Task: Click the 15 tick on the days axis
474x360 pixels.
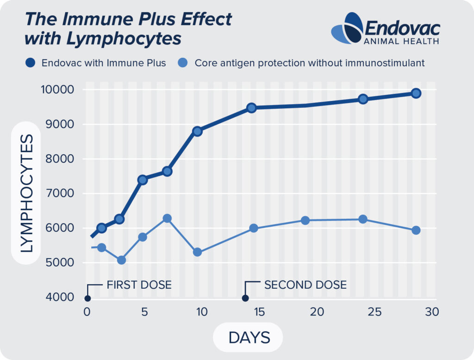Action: [259, 312]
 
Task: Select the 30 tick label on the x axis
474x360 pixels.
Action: [431, 312]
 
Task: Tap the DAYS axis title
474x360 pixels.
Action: [249, 337]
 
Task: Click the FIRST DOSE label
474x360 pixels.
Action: [139, 284]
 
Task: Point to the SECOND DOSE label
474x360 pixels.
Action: [305, 284]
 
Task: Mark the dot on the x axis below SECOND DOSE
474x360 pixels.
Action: [245, 298]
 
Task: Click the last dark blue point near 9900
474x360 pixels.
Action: [416, 93]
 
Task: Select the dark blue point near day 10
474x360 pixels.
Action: [197, 131]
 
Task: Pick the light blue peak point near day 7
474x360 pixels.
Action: [168, 218]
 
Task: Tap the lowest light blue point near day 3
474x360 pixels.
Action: [121, 260]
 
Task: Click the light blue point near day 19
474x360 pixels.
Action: [305, 220]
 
